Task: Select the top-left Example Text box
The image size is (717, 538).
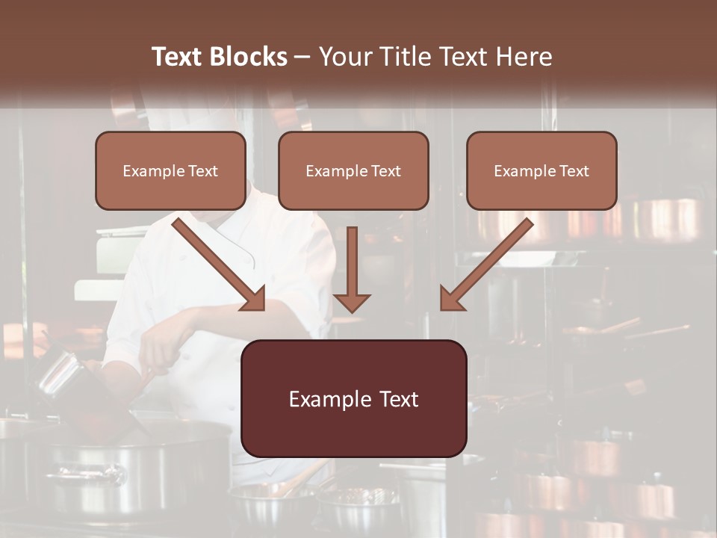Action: pyautogui.click(x=170, y=170)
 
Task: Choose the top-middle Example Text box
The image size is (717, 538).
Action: pyautogui.click(x=353, y=170)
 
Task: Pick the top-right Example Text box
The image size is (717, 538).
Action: pyautogui.click(x=541, y=170)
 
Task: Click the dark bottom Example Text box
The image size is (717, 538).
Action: pyautogui.click(x=353, y=398)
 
